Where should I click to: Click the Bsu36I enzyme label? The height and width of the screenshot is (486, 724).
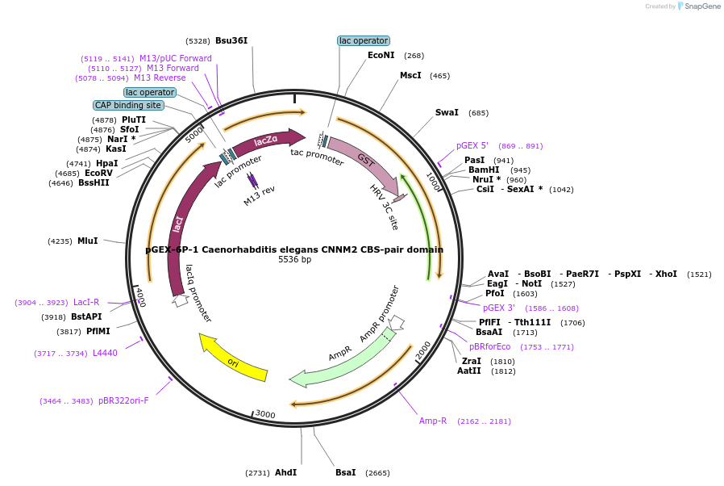pyautogui.click(x=231, y=40)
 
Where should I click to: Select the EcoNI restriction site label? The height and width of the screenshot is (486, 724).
pyautogui.click(x=381, y=56)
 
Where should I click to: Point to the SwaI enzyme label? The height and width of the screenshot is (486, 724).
pyautogui.click(x=447, y=113)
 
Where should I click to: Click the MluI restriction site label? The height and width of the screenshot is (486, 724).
pyautogui.click(x=87, y=241)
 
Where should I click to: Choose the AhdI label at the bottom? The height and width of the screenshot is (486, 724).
pyautogui.click(x=285, y=472)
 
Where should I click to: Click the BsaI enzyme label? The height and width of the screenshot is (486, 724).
pyautogui.click(x=345, y=472)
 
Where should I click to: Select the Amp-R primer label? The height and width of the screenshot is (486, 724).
pyautogui.click(x=433, y=421)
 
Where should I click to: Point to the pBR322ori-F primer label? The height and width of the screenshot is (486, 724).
pyautogui.click(x=123, y=400)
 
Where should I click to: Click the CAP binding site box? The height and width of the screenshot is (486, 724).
pyautogui.click(x=128, y=105)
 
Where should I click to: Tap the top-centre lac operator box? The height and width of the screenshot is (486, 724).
pyautogui.click(x=363, y=40)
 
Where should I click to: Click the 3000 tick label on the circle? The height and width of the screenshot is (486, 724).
pyautogui.click(x=265, y=415)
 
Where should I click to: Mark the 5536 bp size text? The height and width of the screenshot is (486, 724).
pyautogui.click(x=294, y=260)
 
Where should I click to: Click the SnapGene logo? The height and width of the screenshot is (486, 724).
pyautogui.click(x=698, y=6)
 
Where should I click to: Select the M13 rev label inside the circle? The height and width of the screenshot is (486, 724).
pyautogui.click(x=260, y=196)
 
